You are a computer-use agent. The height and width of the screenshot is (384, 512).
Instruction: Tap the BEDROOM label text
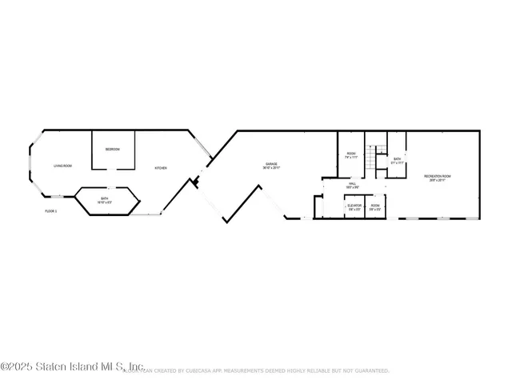[113, 150]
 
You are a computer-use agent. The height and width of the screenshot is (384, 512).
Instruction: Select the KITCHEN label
[161, 168]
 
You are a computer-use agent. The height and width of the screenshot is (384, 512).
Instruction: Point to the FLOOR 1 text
[50, 211]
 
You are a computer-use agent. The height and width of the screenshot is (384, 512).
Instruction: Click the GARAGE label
[271, 165]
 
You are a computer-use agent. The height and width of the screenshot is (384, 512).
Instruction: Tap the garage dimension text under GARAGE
[271, 169]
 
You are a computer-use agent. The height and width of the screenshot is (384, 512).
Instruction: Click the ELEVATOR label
[354, 206]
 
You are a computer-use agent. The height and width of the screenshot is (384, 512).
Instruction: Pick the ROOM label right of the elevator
[375, 206]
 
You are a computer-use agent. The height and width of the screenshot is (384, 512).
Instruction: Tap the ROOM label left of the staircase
[350, 154]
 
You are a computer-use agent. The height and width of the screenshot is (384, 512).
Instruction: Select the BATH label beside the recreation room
[396, 158]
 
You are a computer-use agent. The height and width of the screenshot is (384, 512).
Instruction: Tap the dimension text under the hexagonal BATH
[105, 202]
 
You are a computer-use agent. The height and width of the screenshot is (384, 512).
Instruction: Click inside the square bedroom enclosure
[113, 156]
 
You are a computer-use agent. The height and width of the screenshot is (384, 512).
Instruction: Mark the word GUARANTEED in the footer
[370, 371]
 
